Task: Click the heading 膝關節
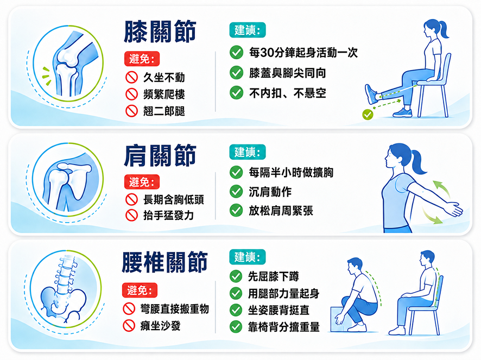[160, 31]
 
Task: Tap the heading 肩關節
[160, 156]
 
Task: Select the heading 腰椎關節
[164, 262]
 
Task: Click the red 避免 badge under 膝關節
[142, 59]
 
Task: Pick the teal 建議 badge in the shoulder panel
[248, 152]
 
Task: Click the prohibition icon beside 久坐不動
[131, 77]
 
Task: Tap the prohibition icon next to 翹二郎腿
[131, 111]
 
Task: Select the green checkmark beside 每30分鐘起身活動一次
[236, 53]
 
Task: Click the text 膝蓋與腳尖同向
[287, 73]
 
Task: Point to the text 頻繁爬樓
[164, 94]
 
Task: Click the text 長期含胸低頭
[174, 200]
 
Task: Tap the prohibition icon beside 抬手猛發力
[131, 215]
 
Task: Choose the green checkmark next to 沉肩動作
[236, 192]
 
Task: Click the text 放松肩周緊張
[281, 211]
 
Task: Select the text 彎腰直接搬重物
[175, 309]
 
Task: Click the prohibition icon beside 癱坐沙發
[129, 326]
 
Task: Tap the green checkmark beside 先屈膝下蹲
[236, 276]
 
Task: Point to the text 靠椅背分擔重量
[284, 327]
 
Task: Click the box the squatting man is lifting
[340, 319]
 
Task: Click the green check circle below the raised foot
[368, 115]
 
